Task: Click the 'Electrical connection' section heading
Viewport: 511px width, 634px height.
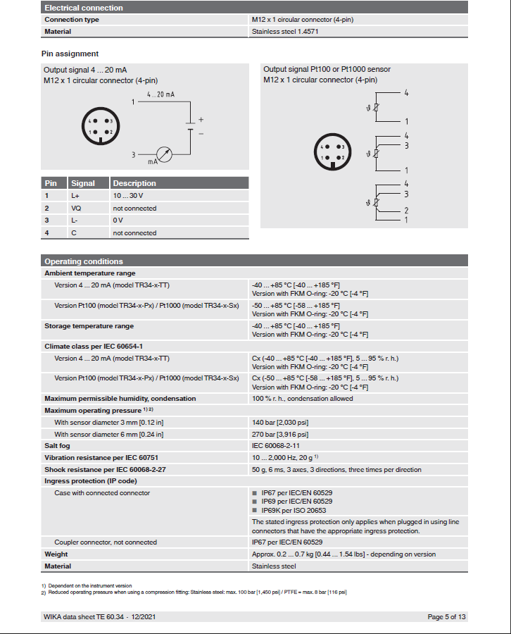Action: click(x=83, y=8)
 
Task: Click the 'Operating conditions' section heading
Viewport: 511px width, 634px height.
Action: click(x=83, y=261)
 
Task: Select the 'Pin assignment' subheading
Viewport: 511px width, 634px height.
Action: click(x=70, y=54)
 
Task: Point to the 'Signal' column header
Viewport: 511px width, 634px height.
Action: click(x=83, y=183)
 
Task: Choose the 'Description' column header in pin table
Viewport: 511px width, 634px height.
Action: click(x=134, y=183)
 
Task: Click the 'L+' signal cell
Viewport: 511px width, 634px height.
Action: click(x=75, y=195)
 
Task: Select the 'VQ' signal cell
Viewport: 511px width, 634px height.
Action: click(x=76, y=208)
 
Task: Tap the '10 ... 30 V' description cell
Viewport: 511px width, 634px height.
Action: click(x=128, y=195)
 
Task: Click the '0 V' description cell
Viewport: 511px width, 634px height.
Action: click(x=118, y=220)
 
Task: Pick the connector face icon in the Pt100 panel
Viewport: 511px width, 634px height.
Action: click(x=332, y=152)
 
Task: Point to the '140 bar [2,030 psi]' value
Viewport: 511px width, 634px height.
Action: click(x=280, y=423)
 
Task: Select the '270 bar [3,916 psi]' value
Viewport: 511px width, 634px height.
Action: click(x=280, y=434)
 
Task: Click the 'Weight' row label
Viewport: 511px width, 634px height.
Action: click(x=56, y=554)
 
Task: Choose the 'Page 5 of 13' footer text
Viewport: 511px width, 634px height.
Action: click(x=446, y=617)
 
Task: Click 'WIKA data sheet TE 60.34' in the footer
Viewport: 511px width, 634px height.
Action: click(x=84, y=617)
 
